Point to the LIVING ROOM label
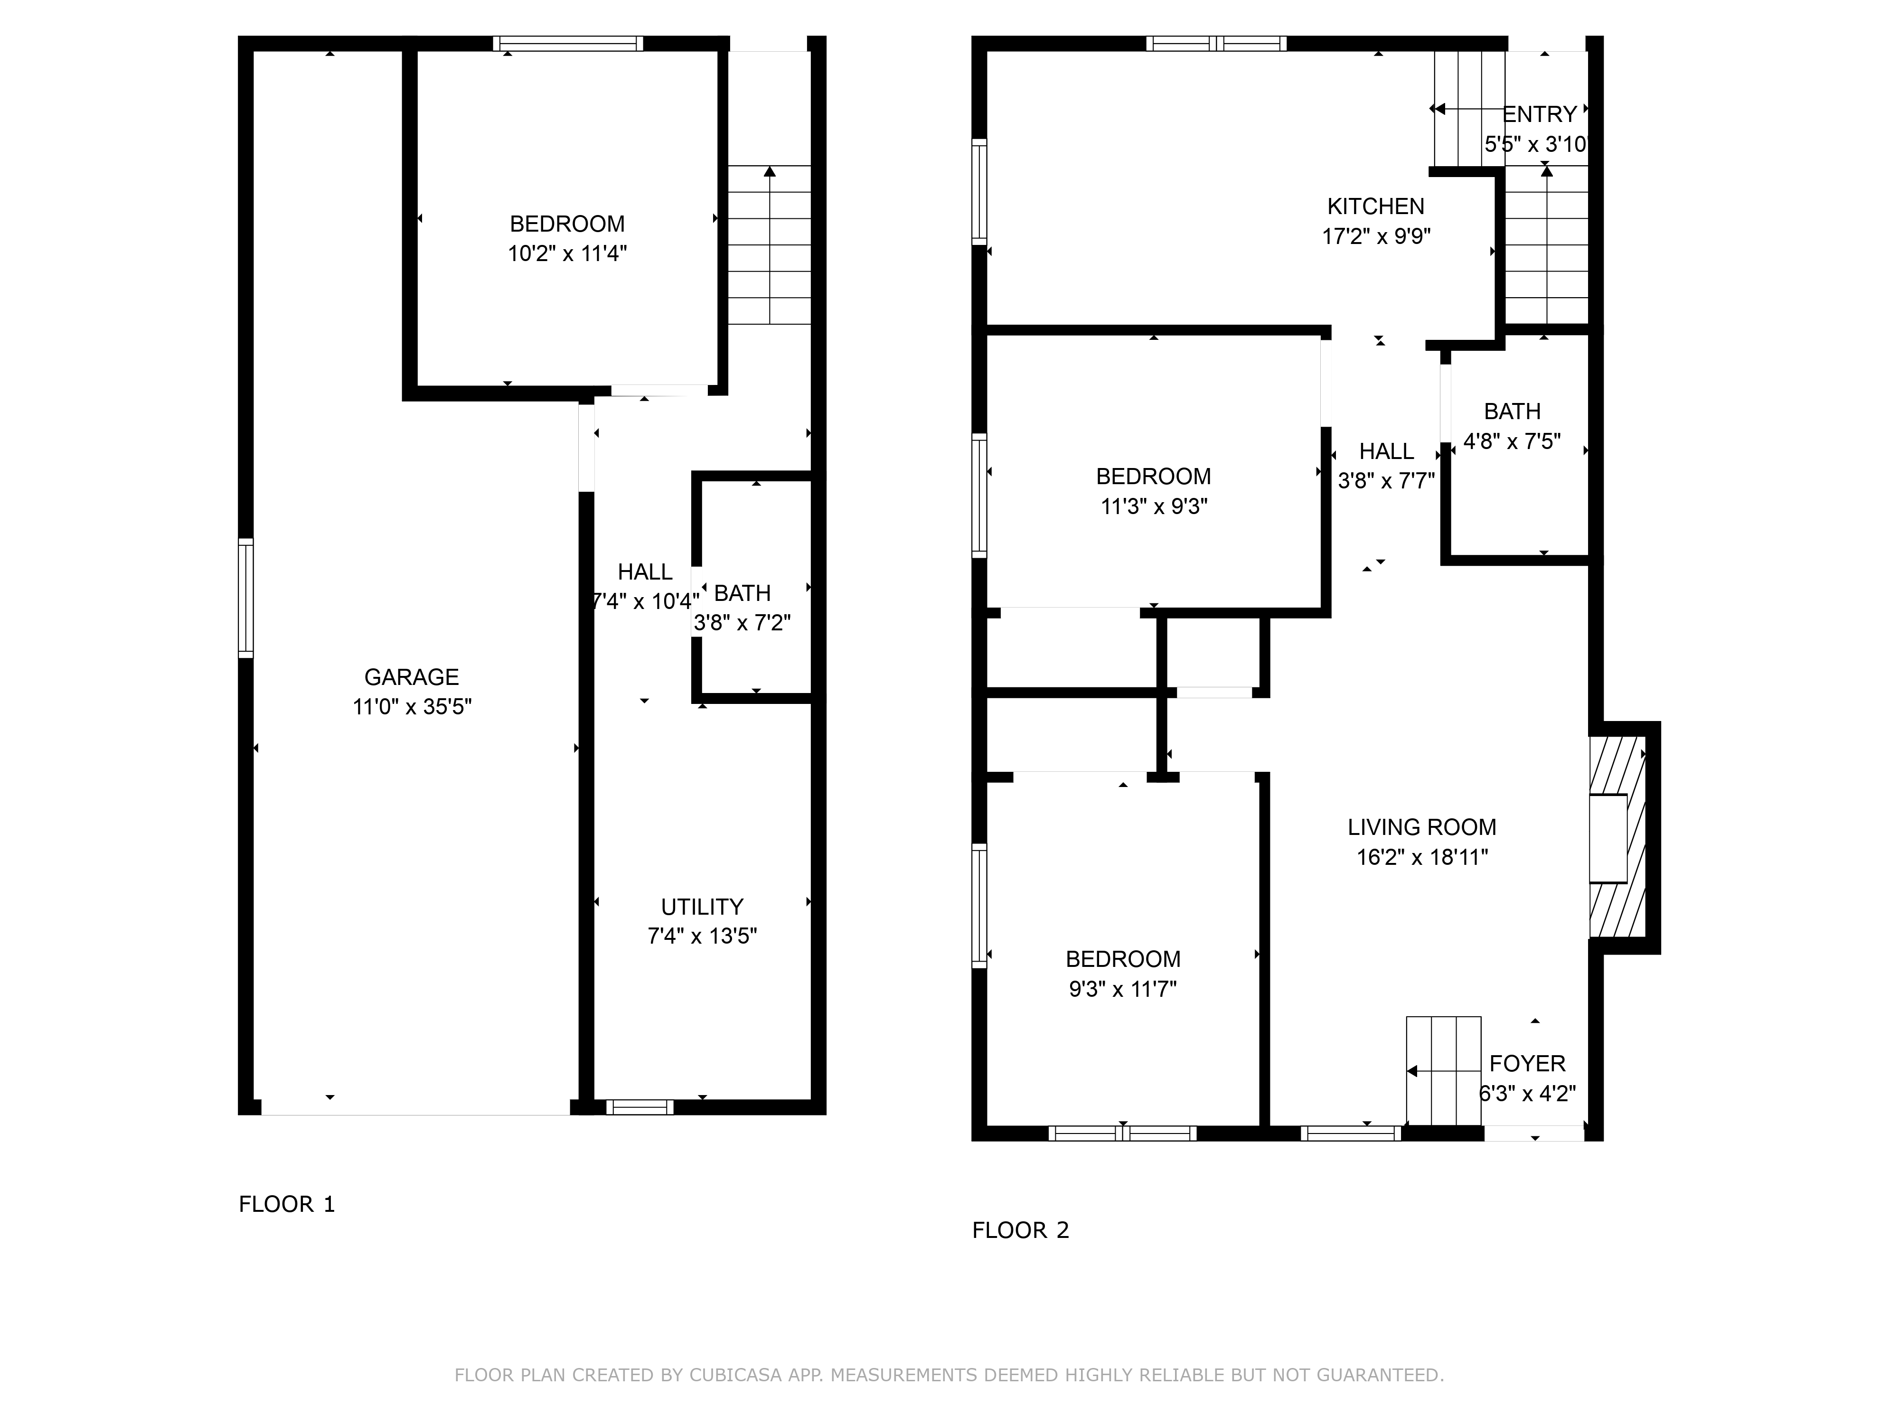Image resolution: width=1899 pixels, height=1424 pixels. [x=1422, y=827]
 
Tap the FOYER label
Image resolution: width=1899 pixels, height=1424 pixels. [x=1527, y=1064]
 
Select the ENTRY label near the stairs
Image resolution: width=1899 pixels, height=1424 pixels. [x=1540, y=114]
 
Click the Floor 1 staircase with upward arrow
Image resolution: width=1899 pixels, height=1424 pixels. [x=769, y=244]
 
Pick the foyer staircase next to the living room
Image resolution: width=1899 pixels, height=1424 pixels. [x=1443, y=1070]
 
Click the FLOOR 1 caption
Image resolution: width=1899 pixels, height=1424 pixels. [x=287, y=1204]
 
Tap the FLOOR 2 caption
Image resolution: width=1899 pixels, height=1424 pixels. [x=1021, y=1230]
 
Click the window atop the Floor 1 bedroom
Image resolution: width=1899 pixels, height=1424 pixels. [x=567, y=43]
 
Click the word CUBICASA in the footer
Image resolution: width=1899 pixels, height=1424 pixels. [x=735, y=1375]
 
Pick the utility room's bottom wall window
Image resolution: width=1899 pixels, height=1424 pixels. [x=639, y=1107]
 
